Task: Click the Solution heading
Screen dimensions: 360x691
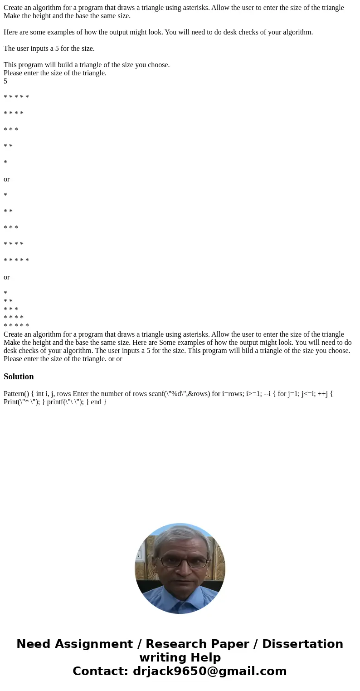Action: (x=19, y=377)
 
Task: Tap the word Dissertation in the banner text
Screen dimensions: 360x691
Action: (x=302, y=644)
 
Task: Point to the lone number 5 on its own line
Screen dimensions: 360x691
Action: (x=5, y=81)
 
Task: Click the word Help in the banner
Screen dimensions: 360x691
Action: (x=203, y=657)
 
